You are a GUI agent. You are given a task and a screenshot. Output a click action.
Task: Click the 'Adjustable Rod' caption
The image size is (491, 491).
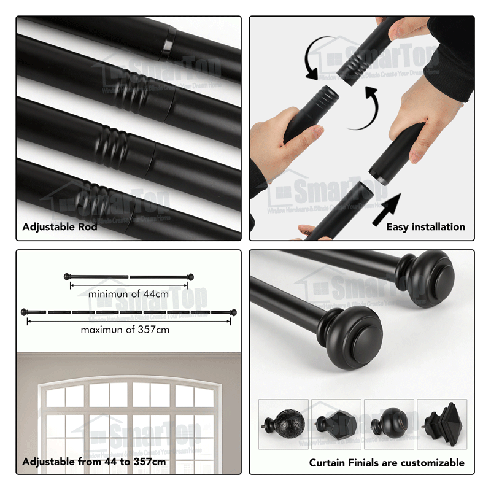[x=60, y=227]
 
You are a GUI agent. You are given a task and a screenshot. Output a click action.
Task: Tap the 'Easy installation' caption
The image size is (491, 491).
[x=425, y=227]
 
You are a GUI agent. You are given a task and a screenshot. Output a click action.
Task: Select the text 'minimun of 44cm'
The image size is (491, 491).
[x=128, y=294]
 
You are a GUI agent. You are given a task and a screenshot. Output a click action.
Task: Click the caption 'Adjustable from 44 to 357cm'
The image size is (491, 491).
[x=94, y=462]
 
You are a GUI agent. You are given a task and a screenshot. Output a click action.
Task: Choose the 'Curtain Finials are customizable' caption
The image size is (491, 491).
[x=387, y=463]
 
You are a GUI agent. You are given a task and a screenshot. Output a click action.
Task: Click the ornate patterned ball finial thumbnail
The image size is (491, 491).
[x=283, y=424]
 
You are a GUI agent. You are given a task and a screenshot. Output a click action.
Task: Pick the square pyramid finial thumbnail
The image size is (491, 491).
[x=442, y=424]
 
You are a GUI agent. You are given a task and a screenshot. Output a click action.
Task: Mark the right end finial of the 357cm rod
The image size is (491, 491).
[x=233, y=312]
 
